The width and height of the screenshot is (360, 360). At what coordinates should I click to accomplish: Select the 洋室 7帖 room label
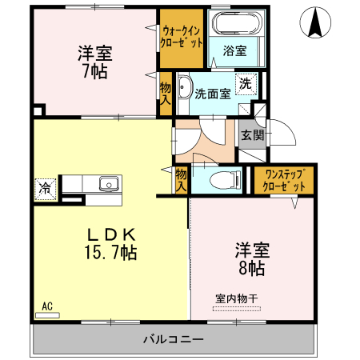(x=94, y=62)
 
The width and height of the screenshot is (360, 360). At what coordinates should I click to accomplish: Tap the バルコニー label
(x=173, y=338)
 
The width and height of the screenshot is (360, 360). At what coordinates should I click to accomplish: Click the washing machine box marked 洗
(x=246, y=83)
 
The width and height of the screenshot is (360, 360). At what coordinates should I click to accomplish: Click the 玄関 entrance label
(x=253, y=135)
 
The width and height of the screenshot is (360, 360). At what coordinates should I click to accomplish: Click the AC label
(x=46, y=306)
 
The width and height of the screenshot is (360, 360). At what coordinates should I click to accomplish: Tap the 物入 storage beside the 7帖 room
(x=166, y=93)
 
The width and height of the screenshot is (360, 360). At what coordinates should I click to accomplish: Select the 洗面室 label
(x=214, y=92)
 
